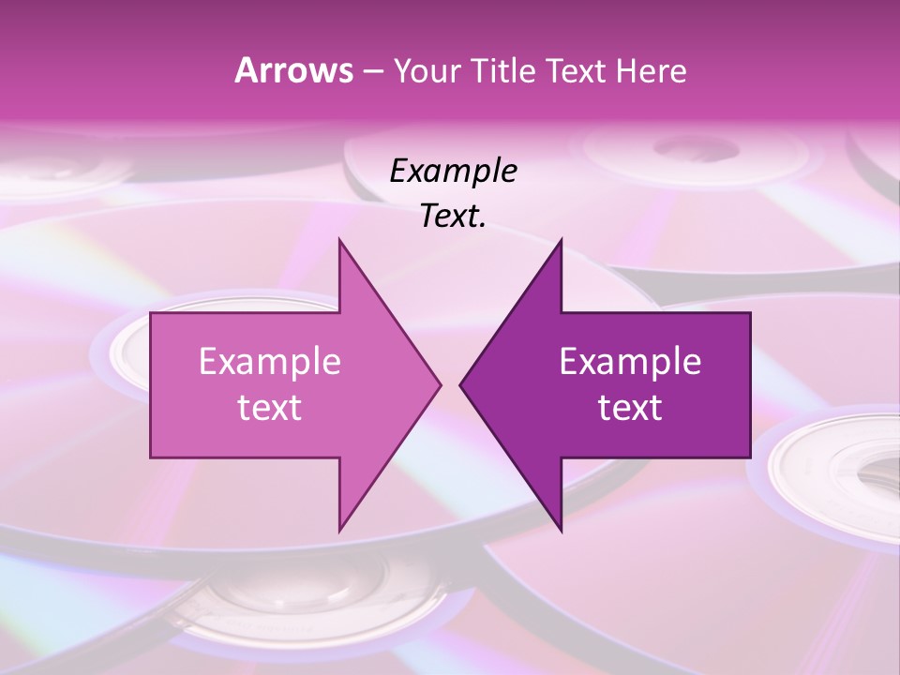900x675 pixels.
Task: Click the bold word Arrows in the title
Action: tap(292, 70)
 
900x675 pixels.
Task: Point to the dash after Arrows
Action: tap(372, 71)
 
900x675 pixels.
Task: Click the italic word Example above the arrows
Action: tap(453, 172)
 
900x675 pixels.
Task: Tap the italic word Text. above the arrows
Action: tap(453, 217)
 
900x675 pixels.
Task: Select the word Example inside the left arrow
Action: tap(269, 362)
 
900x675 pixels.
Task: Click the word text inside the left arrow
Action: tap(269, 408)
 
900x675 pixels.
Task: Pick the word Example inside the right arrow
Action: tap(630, 362)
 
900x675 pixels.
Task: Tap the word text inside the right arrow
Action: tap(630, 408)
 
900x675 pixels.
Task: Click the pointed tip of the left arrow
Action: tap(440, 384)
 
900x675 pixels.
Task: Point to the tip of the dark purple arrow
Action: tap(461, 384)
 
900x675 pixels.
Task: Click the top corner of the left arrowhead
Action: tap(339, 240)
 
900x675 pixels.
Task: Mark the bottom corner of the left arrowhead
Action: tap(339, 531)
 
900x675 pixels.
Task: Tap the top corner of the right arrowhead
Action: tap(561, 240)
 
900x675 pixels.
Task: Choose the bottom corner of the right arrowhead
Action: tap(561, 531)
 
